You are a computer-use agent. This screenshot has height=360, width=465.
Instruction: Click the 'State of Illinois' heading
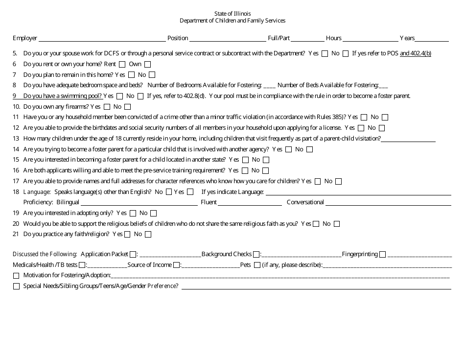[232, 13]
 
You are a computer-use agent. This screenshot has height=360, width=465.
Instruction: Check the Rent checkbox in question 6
[122, 64]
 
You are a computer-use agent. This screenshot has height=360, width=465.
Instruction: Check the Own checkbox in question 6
[147, 64]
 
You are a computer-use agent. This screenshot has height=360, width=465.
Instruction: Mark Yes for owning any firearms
[106, 107]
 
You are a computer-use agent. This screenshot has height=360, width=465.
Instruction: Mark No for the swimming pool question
[140, 96]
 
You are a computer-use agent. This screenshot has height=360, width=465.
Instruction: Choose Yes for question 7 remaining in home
[131, 75]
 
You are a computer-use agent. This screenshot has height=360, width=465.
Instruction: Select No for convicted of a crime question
[385, 118]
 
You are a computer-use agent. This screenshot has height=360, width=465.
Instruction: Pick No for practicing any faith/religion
[148, 235]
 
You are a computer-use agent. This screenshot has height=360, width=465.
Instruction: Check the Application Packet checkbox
[133, 254]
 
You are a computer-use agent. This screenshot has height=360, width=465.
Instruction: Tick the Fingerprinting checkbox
[382, 254]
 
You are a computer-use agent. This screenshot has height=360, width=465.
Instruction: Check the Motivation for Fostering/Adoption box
[17, 276]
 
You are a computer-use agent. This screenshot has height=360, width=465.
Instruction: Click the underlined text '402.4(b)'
[416, 53]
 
